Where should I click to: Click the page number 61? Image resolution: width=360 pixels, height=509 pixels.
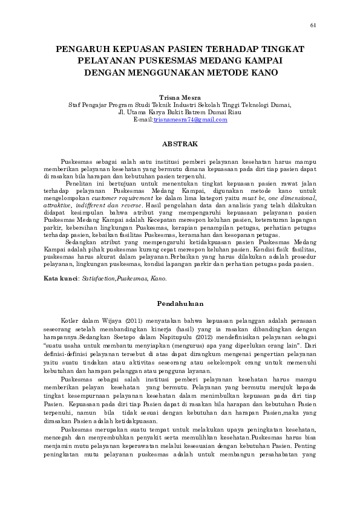(x=313, y=25)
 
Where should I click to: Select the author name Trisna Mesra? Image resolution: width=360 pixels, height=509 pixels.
(x=180, y=97)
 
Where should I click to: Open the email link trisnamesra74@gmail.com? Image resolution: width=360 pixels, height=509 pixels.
(x=190, y=120)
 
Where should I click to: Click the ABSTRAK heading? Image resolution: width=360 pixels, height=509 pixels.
(x=180, y=144)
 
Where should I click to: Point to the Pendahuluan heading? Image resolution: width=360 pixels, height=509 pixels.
(x=180, y=303)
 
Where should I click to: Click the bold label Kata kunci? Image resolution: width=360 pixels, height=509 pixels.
(x=60, y=279)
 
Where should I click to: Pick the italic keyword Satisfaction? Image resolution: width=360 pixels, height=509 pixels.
(x=99, y=279)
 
